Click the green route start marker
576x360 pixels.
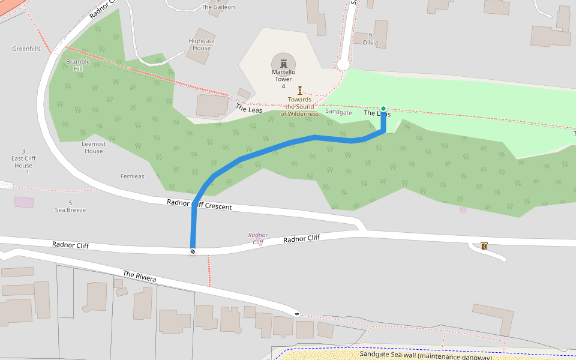(x=383, y=109)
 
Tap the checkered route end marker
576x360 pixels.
(x=193, y=251)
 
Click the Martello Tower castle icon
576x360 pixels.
(x=283, y=63)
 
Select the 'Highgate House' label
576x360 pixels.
(x=202, y=44)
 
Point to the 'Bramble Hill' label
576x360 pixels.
(x=78, y=65)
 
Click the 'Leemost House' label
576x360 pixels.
(x=94, y=148)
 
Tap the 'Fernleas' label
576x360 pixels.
(x=133, y=176)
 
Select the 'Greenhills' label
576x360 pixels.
(x=26, y=49)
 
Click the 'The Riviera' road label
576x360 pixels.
(x=140, y=277)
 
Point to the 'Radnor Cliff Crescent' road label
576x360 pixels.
(x=199, y=204)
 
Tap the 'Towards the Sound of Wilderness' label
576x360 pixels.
(x=299, y=107)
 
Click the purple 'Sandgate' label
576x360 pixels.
(x=338, y=112)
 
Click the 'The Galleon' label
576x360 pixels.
(x=218, y=7)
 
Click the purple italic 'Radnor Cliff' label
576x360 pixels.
(x=258, y=239)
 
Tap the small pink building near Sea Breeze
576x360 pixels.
(x=24, y=202)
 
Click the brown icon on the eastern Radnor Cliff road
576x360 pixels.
(x=484, y=245)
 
